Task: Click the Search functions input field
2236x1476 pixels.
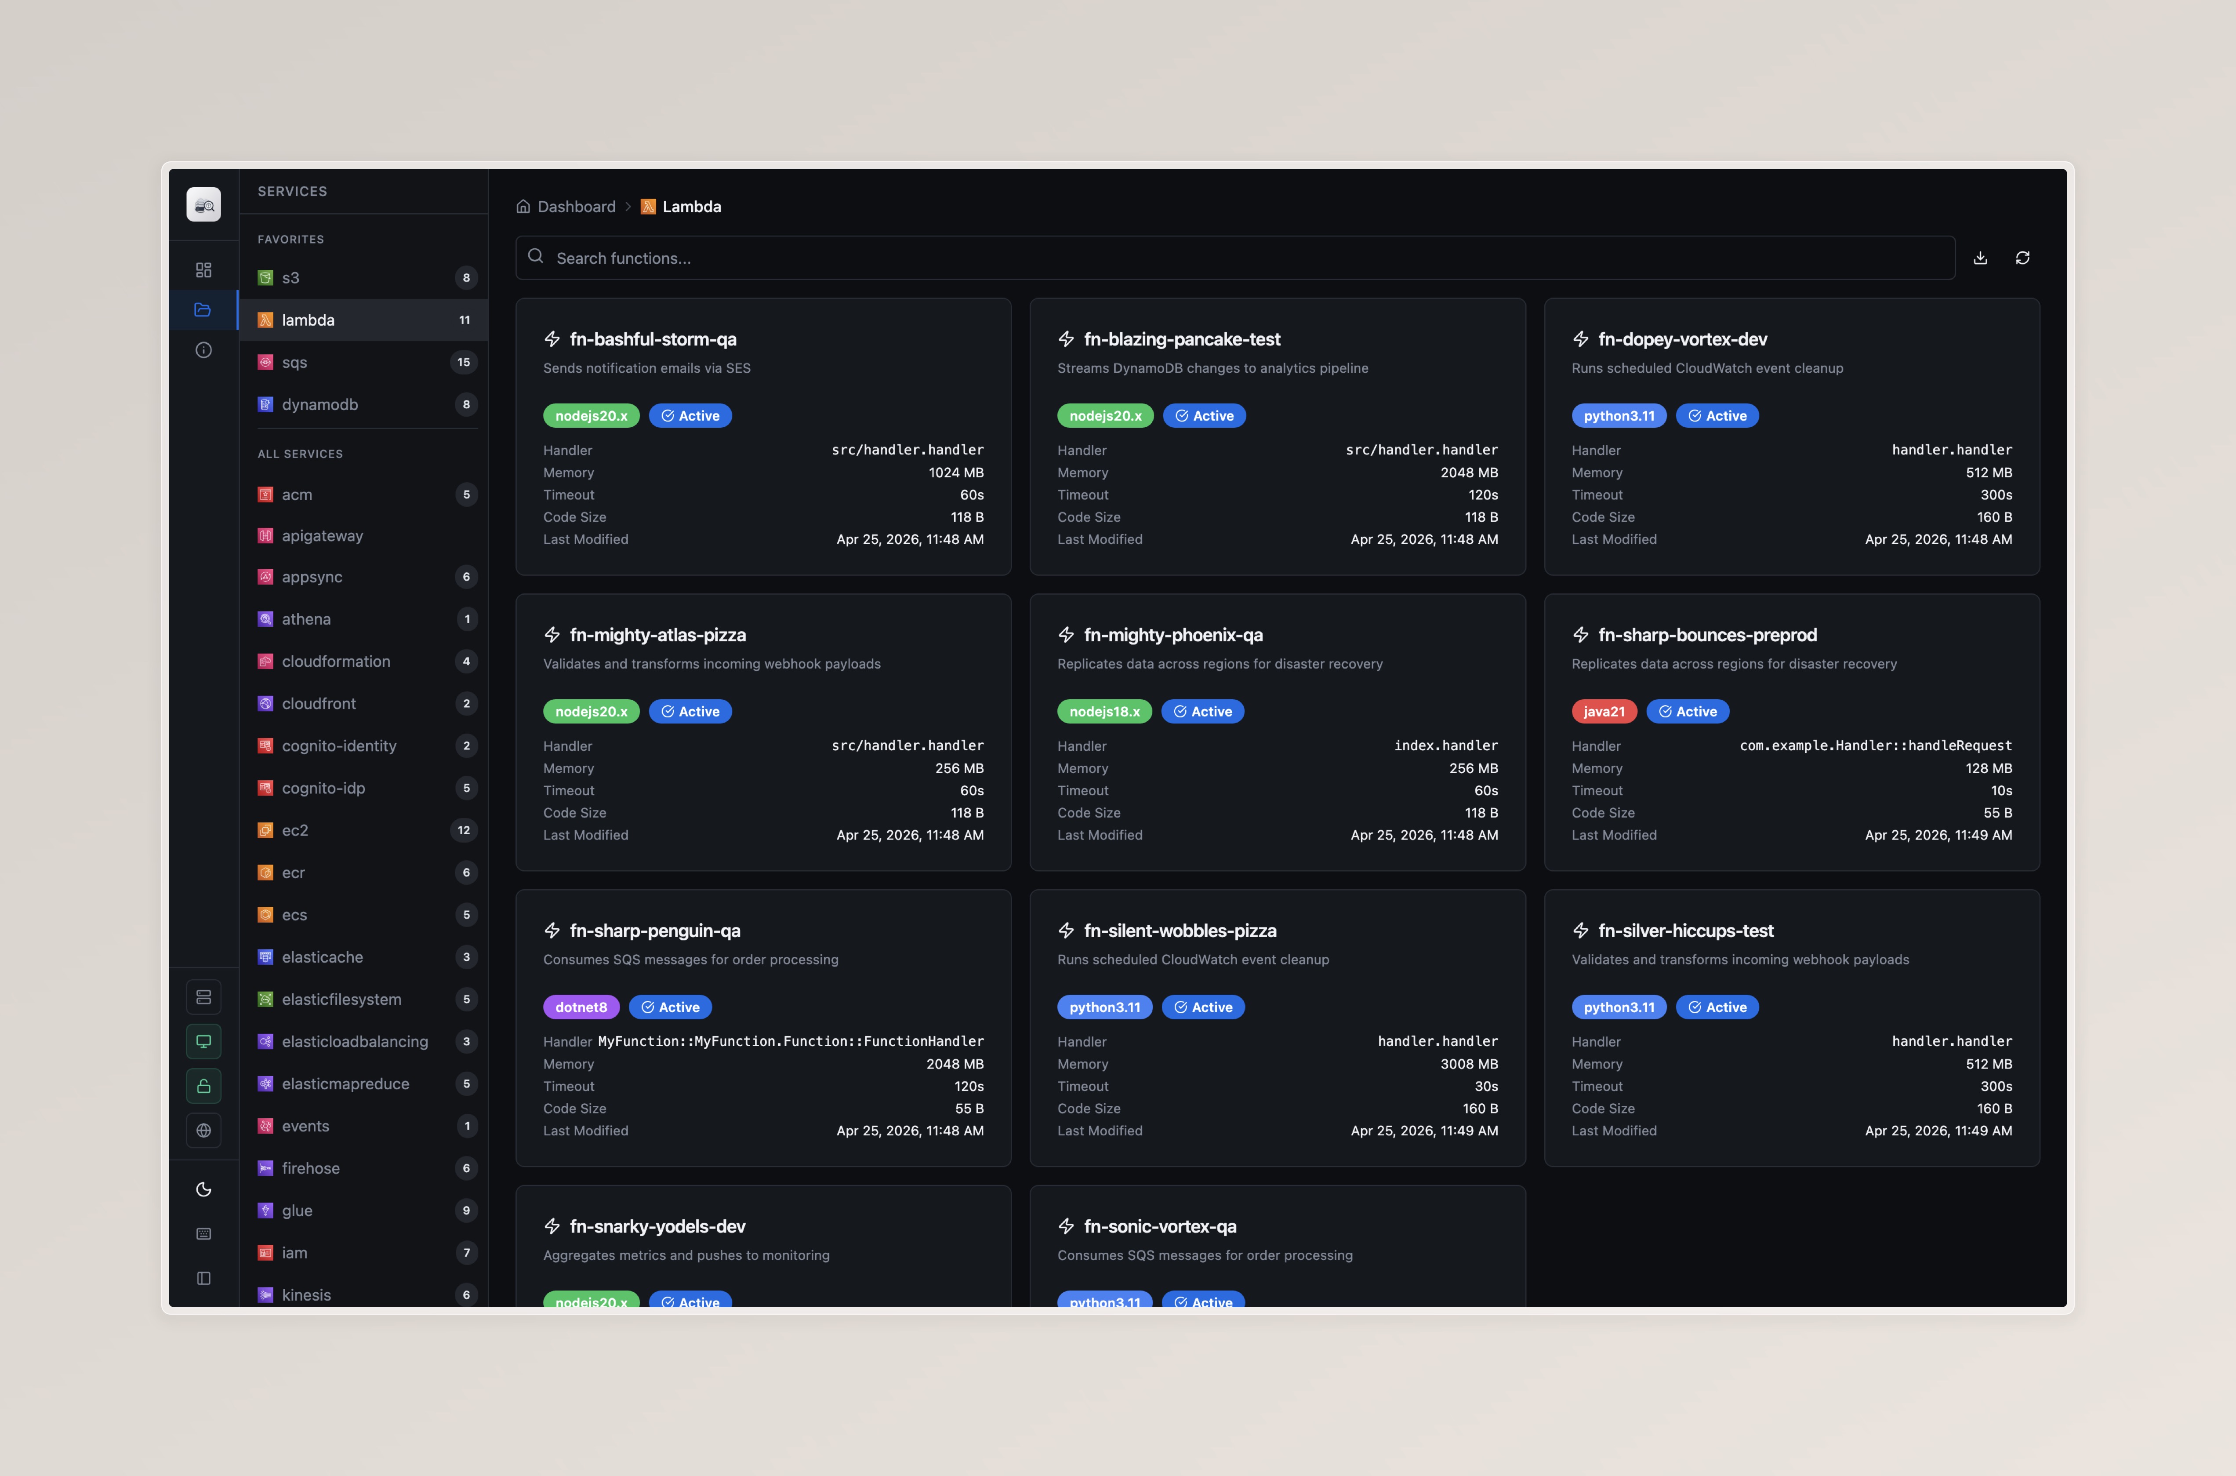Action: point(1233,258)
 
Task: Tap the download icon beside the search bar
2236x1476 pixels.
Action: point(1980,258)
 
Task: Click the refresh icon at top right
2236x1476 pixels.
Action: point(2022,258)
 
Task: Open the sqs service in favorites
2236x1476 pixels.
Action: point(294,363)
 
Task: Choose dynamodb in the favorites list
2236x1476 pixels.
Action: point(320,405)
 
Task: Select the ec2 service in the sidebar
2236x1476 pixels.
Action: point(294,830)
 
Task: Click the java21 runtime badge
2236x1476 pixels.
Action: point(1604,712)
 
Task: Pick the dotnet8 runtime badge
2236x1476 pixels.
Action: point(581,1007)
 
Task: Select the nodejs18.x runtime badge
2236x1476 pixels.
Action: point(1104,712)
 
